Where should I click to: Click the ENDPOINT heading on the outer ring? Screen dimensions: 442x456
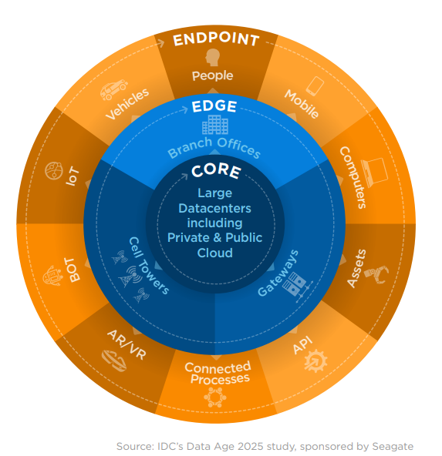216,39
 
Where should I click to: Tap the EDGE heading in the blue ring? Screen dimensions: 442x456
214,106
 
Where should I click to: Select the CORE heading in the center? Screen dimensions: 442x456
216,171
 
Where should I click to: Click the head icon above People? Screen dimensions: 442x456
212,57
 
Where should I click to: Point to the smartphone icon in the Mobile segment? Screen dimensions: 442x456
315,86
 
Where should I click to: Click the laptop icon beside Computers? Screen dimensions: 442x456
374,173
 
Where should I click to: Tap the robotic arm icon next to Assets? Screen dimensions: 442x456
376,274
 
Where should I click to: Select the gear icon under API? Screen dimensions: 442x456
315,361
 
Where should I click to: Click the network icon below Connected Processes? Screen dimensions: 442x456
215,397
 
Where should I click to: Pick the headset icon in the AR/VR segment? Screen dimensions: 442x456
114,361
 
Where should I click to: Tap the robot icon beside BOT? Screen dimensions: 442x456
52,275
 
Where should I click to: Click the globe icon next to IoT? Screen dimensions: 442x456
54,171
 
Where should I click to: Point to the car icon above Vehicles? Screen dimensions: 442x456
113,89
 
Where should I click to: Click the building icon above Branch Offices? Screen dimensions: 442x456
215,125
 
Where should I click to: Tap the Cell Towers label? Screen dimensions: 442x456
149,266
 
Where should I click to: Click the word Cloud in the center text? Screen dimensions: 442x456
215,253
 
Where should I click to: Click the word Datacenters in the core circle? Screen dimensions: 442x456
214,208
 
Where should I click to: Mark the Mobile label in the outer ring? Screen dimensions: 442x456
302,104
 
